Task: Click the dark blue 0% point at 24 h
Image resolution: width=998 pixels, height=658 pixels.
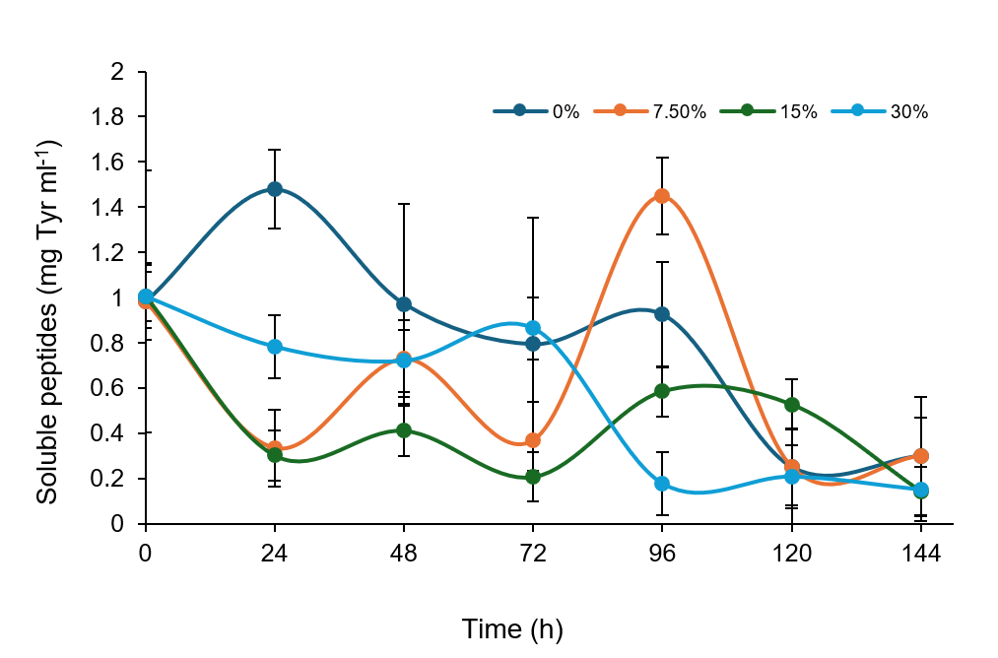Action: [275, 189]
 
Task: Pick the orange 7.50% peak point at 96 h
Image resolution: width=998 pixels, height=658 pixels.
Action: [662, 196]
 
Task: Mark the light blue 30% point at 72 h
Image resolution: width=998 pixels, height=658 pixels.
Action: [533, 328]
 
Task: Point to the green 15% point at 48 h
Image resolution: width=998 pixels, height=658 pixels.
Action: [404, 430]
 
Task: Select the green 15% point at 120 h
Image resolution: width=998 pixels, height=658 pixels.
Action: [791, 405]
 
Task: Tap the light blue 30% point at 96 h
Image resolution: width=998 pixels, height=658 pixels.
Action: [662, 484]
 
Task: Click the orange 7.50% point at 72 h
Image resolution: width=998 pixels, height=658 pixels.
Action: [533, 440]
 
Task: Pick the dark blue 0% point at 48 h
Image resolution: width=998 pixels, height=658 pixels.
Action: [404, 304]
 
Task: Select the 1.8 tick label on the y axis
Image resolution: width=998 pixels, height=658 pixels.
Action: [121, 117]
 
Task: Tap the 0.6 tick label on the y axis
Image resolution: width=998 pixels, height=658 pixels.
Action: [121, 389]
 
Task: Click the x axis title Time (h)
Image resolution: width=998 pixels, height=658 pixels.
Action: [512, 628]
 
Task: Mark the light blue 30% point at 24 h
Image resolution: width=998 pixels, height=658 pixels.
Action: [275, 347]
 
